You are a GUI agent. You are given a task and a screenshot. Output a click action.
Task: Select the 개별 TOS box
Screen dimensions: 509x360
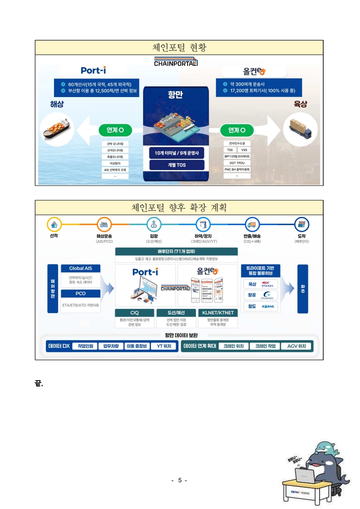point(177,165)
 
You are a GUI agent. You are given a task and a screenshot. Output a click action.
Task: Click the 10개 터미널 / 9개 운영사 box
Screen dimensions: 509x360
point(177,153)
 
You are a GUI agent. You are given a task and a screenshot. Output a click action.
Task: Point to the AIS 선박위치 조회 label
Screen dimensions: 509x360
point(115,170)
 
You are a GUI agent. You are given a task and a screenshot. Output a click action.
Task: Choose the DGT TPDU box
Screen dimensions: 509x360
point(237,162)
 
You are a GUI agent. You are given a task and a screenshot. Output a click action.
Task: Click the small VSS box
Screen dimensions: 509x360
point(244,150)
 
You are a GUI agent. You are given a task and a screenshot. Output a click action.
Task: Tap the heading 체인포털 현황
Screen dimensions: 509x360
point(179,47)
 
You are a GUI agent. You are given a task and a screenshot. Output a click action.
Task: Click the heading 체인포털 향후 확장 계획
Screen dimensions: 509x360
point(179,207)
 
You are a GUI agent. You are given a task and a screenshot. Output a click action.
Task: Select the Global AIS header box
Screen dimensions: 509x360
point(80,268)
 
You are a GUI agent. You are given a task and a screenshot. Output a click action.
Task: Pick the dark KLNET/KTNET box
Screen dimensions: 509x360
point(218,313)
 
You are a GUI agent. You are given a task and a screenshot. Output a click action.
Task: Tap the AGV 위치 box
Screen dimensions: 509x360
point(296,346)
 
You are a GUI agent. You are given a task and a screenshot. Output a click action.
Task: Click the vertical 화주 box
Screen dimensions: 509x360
point(303,289)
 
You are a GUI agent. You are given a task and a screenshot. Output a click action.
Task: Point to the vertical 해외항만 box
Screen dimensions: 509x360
point(53,289)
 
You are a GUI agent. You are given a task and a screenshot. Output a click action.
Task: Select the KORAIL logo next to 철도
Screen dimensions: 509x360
point(268,306)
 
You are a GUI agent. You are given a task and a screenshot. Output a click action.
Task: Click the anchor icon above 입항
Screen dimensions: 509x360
point(154,224)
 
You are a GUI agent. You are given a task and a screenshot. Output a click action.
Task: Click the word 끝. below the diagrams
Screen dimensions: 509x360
point(39,383)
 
